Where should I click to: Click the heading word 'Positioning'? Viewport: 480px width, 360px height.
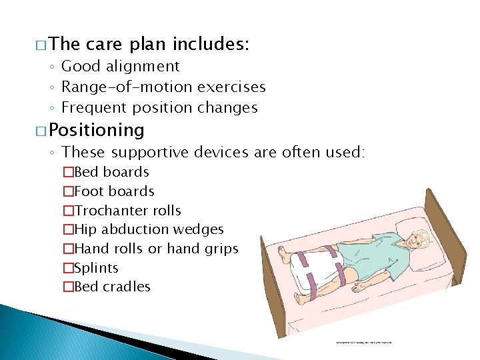pyautogui.click(x=97, y=129)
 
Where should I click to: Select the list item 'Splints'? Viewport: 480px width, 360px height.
pyautogui.click(x=96, y=268)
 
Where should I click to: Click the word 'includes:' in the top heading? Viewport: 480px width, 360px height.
pyautogui.click(x=211, y=45)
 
